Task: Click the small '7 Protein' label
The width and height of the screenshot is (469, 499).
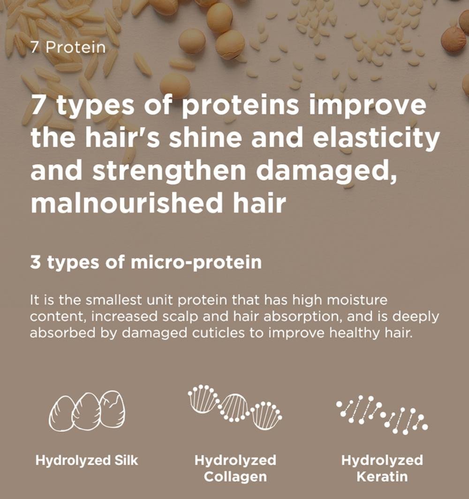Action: click(x=68, y=47)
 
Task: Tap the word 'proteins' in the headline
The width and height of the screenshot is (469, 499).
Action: click(x=241, y=106)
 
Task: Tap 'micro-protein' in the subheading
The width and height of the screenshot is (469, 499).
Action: click(x=196, y=263)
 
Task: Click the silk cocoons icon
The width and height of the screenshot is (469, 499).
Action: click(x=87, y=410)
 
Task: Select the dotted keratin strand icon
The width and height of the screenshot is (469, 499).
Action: click(x=382, y=415)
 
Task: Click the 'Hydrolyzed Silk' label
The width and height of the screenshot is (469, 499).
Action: click(x=87, y=461)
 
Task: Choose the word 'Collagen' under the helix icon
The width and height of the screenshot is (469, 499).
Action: click(x=235, y=477)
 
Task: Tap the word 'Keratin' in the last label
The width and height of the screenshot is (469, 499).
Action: click(x=382, y=476)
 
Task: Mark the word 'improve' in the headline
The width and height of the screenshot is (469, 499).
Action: click(x=368, y=106)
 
